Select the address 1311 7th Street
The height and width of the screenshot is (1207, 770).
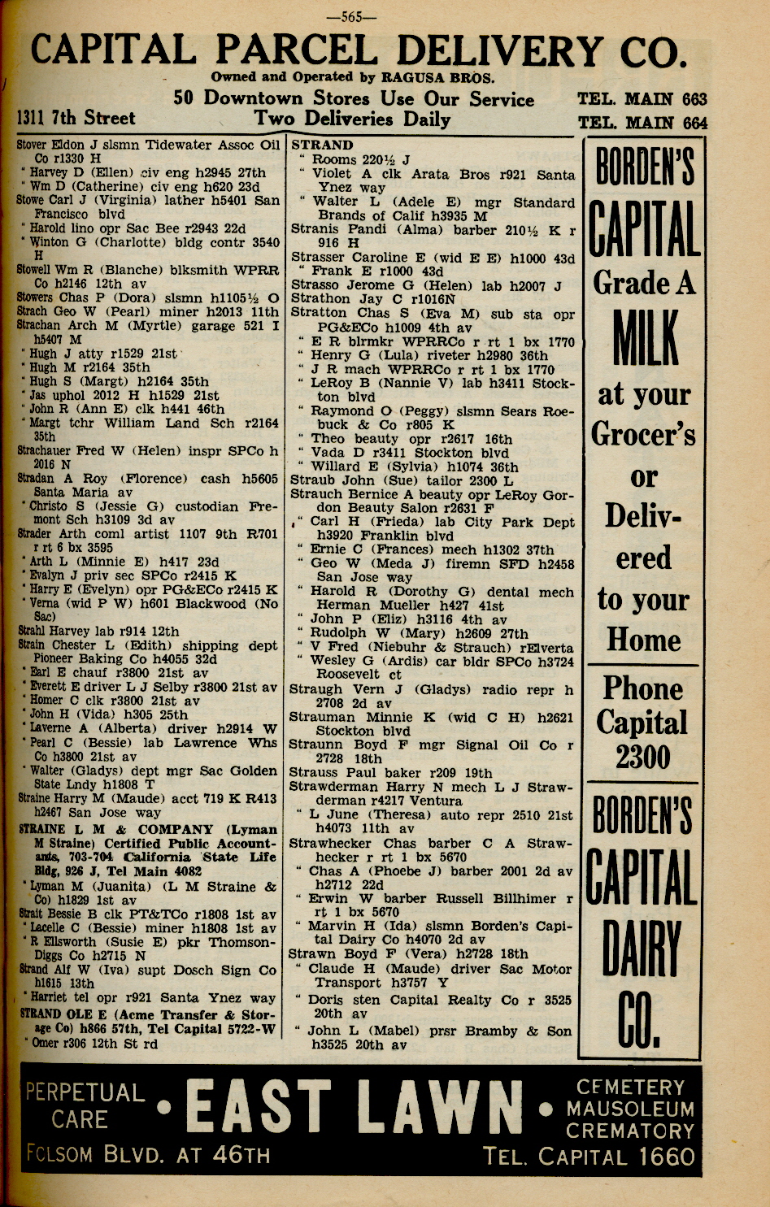pyautogui.click(x=76, y=119)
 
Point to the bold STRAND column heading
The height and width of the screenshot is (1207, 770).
pyautogui.click(x=322, y=145)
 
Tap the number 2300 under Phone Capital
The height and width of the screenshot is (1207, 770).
pyautogui.click(x=642, y=758)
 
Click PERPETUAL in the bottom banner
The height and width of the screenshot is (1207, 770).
pyautogui.click(x=85, y=1092)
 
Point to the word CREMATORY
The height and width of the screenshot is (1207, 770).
pyautogui.click(x=630, y=1131)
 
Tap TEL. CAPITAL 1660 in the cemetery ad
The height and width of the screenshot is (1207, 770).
pyautogui.click(x=589, y=1156)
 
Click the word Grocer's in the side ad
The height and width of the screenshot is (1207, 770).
pyautogui.click(x=643, y=433)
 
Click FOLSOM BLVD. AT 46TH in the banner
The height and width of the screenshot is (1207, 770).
pyautogui.click(x=147, y=1155)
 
